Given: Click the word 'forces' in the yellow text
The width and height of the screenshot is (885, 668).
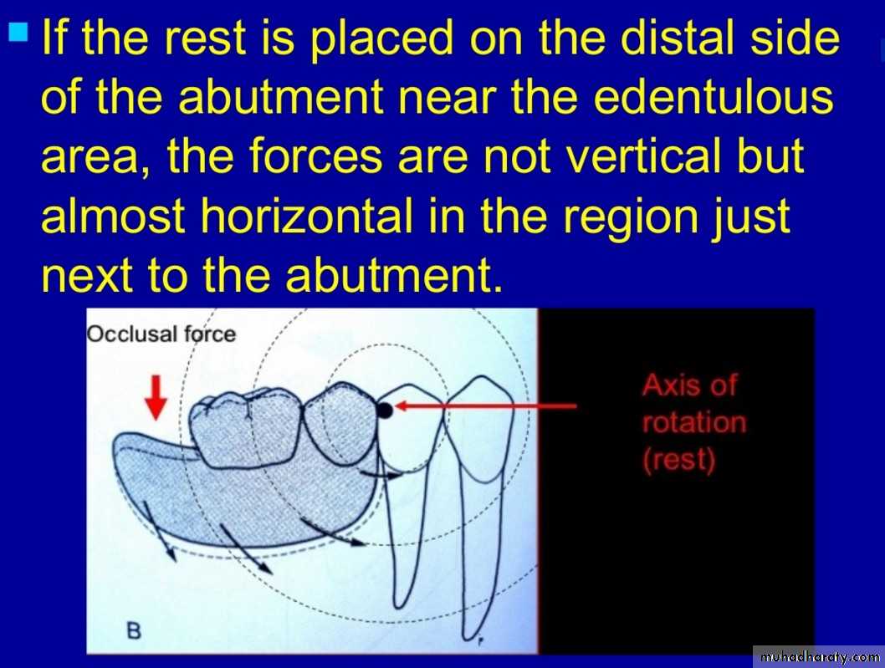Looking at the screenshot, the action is [x=315, y=156].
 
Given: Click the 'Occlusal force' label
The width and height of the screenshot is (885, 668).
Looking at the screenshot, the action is [x=161, y=334].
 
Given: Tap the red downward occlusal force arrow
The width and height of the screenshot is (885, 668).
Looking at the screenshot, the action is [x=156, y=398].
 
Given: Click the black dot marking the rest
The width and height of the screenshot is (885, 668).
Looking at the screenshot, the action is [x=384, y=410].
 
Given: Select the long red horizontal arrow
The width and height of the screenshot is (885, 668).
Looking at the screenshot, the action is [x=485, y=405].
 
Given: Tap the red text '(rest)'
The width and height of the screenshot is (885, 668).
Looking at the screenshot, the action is [x=679, y=459].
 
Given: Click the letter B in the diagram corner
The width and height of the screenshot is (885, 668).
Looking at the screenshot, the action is [x=134, y=630].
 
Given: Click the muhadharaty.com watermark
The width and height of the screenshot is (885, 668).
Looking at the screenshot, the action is [x=819, y=657].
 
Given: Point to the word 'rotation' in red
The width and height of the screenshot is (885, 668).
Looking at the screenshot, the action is [x=694, y=422].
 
